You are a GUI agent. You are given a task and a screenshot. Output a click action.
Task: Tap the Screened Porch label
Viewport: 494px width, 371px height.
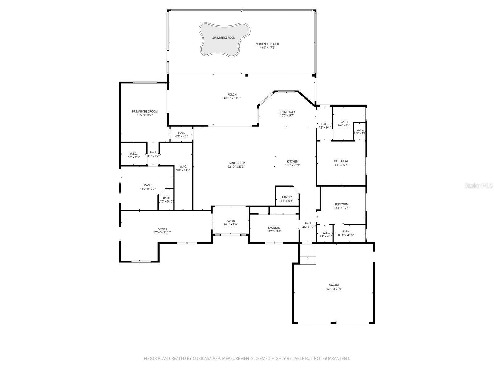[267, 44]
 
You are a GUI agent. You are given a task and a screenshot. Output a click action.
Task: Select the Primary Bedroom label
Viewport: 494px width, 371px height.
[145, 112]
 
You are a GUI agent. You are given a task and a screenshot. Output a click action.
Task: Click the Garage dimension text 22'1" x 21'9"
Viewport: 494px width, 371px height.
[334, 289]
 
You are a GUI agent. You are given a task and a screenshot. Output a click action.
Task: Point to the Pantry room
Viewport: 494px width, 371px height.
[287, 199]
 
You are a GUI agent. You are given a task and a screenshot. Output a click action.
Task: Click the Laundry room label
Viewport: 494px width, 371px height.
[274, 228]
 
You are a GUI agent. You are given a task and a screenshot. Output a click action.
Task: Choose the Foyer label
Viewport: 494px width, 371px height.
[230, 221]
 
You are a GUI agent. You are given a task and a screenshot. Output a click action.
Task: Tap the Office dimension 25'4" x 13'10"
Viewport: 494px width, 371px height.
[163, 232]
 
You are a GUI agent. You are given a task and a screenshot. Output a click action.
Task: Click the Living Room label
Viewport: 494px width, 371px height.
[236, 163]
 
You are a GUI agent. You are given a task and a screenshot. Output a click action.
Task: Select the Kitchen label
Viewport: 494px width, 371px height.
[292, 161]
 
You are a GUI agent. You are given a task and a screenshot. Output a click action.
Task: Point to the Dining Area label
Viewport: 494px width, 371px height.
[287, 112]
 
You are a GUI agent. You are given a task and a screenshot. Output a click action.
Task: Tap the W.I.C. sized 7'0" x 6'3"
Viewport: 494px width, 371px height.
[133, 155]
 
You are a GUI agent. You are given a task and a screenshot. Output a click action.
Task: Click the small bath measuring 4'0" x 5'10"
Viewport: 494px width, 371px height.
[166, 200]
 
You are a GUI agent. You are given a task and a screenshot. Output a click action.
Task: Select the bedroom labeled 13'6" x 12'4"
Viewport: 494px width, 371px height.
[341, 163]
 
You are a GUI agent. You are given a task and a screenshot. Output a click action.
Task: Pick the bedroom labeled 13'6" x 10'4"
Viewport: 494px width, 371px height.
[341, 206]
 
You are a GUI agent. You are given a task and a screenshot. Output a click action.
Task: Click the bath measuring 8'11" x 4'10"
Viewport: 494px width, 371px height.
[346, 233]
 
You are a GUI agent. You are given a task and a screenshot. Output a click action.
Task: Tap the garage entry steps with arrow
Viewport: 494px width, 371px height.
[308, 260]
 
